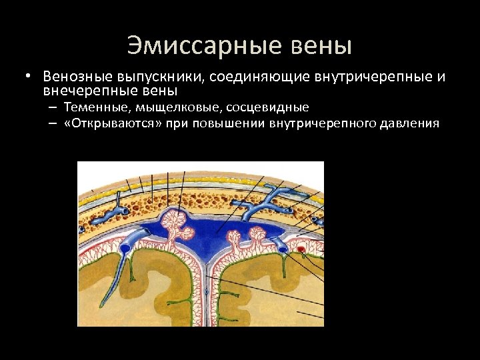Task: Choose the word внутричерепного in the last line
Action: click(323, 123)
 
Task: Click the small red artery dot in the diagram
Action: click(302, 251)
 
